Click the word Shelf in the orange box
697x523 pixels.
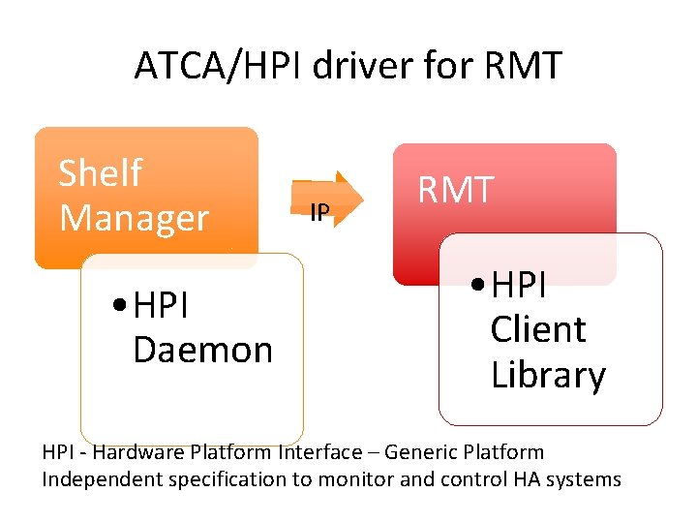(100, 174)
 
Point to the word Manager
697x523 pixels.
(134, 218)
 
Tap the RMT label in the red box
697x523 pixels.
(455, 190)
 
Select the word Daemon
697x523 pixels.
(202, 350)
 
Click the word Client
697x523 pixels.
(537, 329)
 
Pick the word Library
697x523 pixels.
(548, 375)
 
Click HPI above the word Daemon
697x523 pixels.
(163, 306)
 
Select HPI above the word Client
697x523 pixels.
(520, 285)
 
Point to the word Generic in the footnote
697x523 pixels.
(415, 452)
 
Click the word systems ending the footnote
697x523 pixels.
(587, 479)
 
